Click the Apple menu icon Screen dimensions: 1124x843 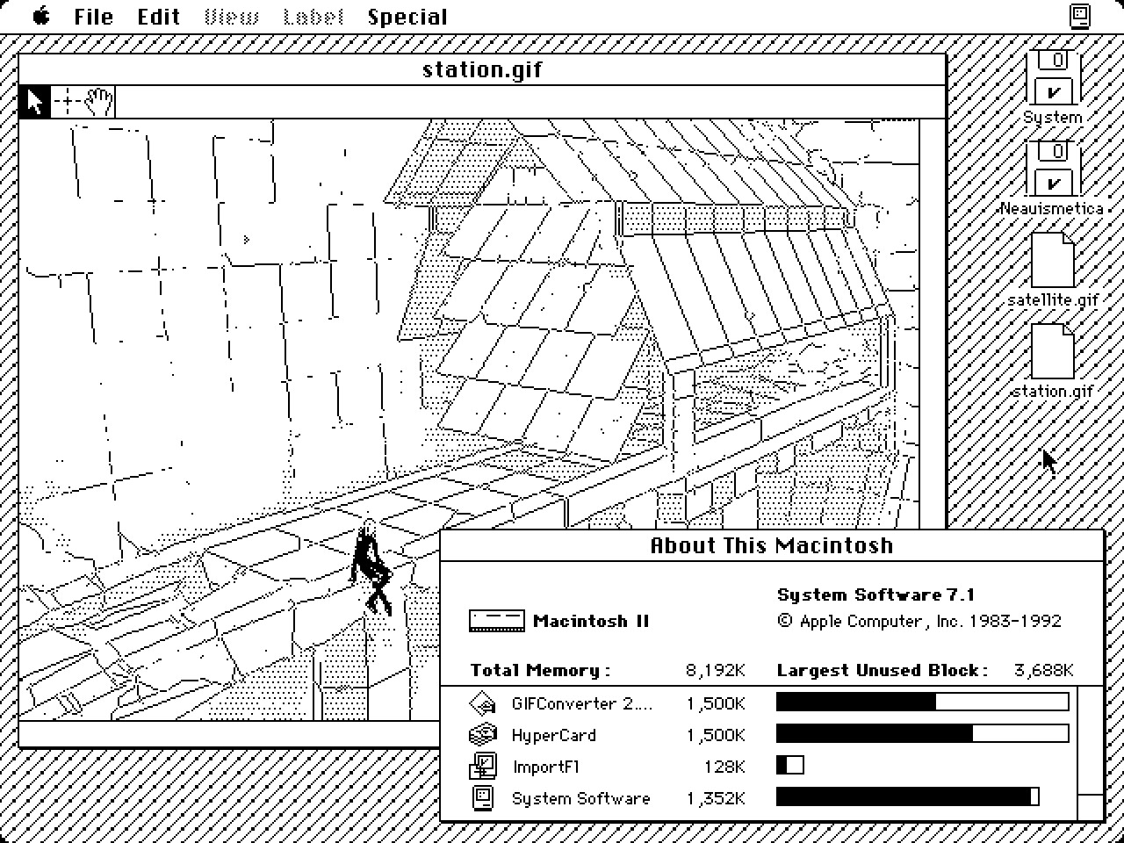click(x=41, y=17)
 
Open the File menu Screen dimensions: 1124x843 click(x=93, y=17)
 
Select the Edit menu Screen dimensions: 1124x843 click(x=158, y=17)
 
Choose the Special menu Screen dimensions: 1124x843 click(x=407, y=17)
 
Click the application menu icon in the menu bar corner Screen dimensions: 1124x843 click(x=1080, y=17)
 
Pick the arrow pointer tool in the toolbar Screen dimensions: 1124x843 click(x=35, y=102)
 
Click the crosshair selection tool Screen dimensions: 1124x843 click(x=68, y=102)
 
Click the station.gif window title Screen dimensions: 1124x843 click(x=482, y=69)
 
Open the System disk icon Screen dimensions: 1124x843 click(x=1055, y=78)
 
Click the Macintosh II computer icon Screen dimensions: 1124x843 click(x=496, y=621)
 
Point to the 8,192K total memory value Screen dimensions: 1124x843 click(x=715, y=671)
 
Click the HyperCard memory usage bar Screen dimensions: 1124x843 click(x=922, y=734)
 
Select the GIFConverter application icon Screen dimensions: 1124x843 click(x=483, y=703)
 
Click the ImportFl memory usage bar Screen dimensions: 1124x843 click(x=789, y=766)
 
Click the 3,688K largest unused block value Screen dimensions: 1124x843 click(x=1043, y=671)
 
